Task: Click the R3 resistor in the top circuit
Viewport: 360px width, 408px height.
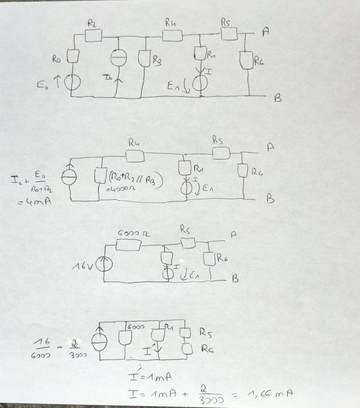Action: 145,60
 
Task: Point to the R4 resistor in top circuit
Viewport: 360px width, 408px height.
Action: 172,36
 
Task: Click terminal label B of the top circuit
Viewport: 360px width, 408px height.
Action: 277,97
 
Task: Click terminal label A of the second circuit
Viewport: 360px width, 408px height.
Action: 270,148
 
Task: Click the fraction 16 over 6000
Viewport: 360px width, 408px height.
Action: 41,348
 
